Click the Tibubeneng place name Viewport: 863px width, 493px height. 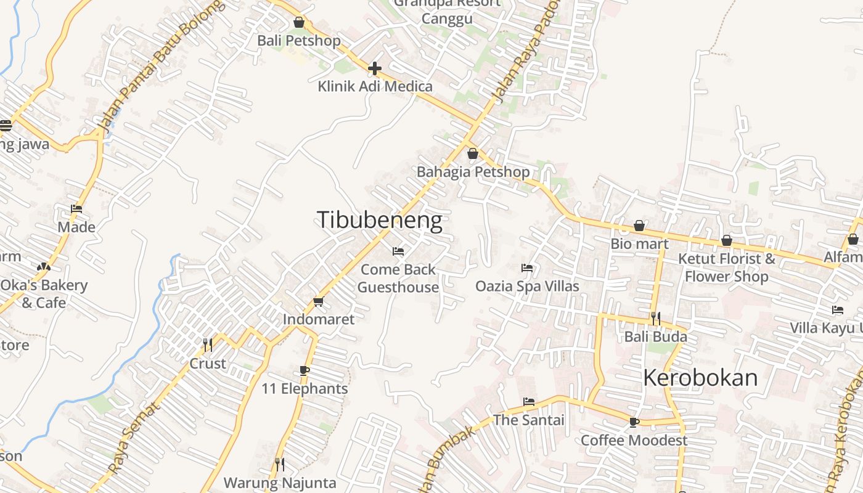379,220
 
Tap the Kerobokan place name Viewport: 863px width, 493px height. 700,377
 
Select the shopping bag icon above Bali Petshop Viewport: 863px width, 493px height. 299,23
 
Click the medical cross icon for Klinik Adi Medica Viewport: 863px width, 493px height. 375,68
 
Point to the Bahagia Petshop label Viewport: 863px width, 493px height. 473,172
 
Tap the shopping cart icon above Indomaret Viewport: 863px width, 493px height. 318,301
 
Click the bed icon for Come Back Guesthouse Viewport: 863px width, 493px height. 398,251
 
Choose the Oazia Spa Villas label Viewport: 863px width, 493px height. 527,286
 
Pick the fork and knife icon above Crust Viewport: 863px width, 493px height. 208,344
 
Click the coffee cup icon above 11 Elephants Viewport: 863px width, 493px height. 304,370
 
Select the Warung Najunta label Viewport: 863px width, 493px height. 280,482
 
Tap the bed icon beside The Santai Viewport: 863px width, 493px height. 529,402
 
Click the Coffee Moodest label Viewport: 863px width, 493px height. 634,440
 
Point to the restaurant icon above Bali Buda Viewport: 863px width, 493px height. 656,319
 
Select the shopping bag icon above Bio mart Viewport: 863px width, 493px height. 639,226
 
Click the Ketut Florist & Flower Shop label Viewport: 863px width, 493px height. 727,267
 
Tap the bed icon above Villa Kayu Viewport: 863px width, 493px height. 837,310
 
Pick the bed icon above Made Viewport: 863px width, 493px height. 76,209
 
